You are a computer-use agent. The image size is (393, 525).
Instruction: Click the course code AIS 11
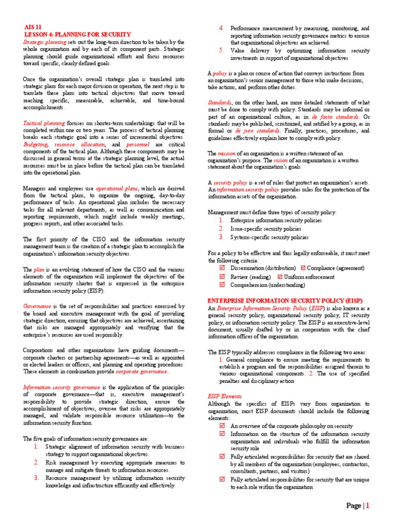[x=34, y=27]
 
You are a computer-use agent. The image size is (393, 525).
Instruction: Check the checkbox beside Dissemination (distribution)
[x=222, y=268]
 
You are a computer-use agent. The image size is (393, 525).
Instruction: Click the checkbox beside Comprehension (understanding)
[x=222, y=285]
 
